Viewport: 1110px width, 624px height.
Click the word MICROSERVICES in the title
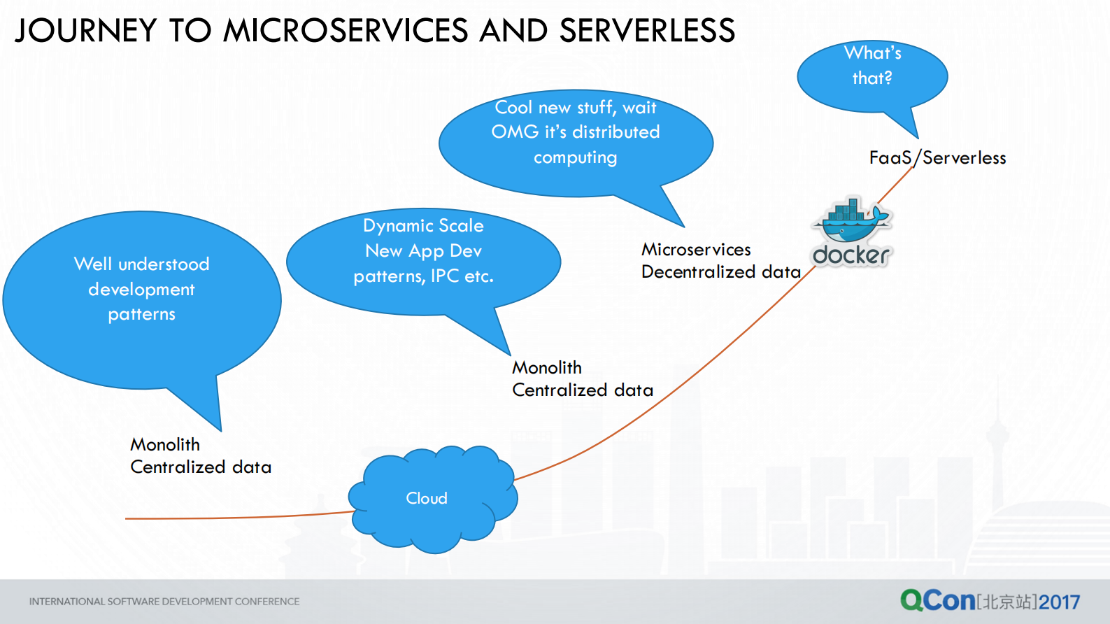pos(346,31)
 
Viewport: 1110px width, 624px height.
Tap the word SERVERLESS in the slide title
pos(647,31)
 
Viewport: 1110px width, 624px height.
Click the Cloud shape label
pos(427,498)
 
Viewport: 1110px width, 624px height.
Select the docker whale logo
pos(851,220)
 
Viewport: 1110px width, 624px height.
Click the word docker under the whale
pos(851,255)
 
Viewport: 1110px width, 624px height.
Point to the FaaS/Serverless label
pos(937,158)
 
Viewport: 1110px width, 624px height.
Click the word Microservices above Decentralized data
pos(696,250)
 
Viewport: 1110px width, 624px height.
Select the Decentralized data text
pos(720,272)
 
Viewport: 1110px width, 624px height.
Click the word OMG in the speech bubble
pos(515,132)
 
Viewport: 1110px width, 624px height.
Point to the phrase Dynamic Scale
pos(423,226)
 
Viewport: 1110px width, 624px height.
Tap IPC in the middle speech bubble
pos(445,276)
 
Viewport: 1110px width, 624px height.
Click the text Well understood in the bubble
pos(142,264)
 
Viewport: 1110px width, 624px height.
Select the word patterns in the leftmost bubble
pos(142,315)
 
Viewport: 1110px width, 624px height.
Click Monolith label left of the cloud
pos(165,445)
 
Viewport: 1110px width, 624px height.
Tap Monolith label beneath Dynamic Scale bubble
pos(547,368)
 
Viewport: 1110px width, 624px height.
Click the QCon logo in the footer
pos(937,600)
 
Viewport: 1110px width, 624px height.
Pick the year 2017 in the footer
pos(1059,602)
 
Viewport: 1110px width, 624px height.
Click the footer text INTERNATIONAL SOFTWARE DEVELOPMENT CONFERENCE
pos(164,602)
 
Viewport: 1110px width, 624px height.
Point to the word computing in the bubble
pos(575,158)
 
